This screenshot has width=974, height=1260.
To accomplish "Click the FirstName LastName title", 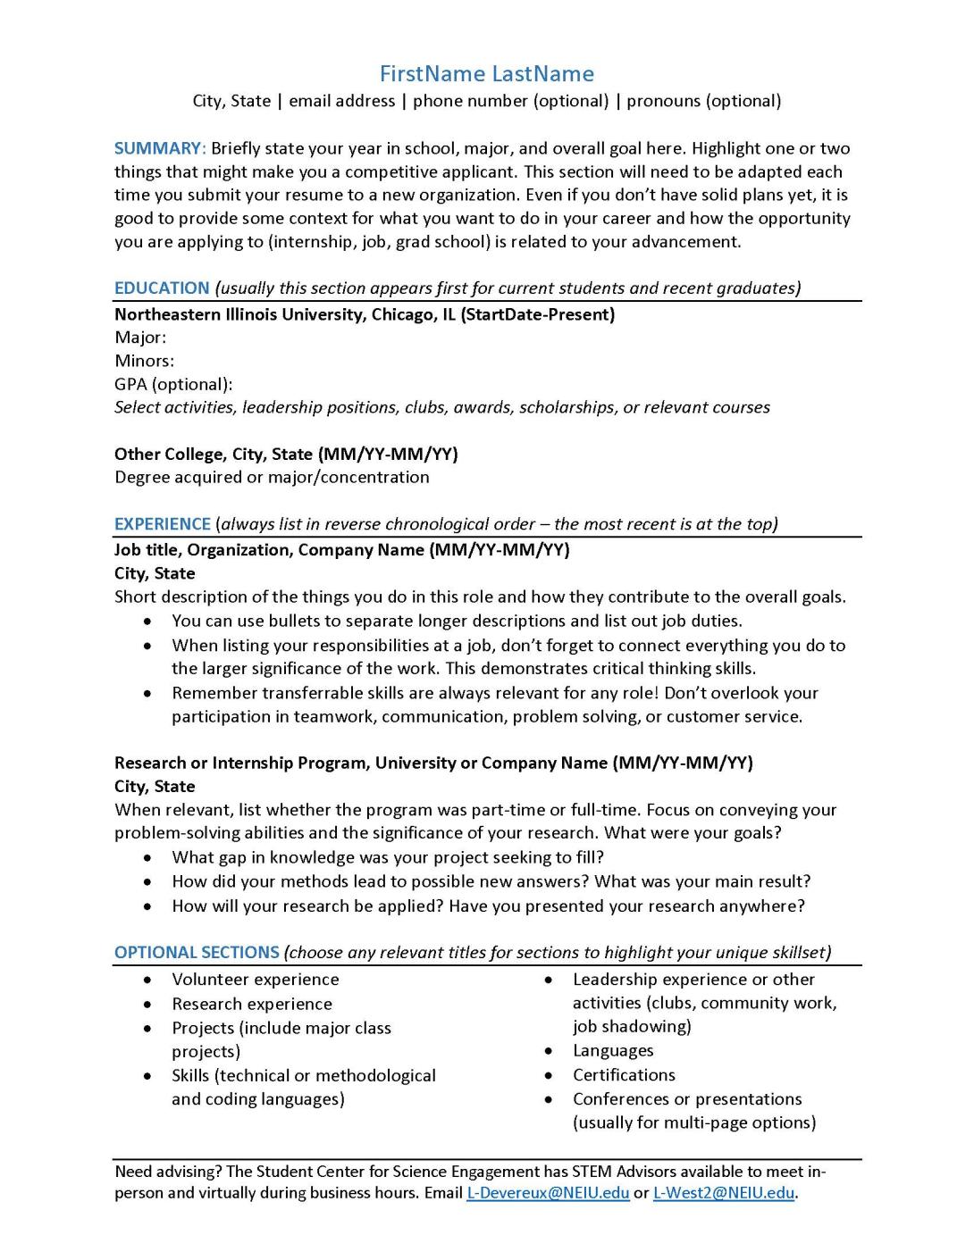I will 486,74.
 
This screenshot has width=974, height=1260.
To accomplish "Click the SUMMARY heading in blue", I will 159,149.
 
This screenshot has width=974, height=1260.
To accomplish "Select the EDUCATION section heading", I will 162,288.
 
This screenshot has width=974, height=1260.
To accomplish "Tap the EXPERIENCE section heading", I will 162,524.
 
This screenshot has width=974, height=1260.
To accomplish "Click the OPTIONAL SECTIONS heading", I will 197,953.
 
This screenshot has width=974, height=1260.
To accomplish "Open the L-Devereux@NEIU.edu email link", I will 548,1193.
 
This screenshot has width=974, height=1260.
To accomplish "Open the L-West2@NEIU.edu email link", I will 723,1193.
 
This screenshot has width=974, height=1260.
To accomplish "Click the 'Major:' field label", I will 140,338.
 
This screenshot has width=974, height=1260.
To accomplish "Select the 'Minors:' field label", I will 144,361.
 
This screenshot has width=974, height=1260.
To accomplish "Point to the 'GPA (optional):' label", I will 173,385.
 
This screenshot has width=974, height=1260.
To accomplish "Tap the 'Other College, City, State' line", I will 214,455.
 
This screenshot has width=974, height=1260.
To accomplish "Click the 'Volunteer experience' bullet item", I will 256,980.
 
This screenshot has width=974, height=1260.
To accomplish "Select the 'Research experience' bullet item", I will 252,1005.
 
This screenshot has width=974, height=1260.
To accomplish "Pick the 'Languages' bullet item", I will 613,1051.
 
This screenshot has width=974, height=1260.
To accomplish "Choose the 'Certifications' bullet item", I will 624,1075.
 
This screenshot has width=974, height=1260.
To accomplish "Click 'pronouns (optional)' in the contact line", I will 703,101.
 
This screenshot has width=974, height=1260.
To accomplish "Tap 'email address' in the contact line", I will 341,101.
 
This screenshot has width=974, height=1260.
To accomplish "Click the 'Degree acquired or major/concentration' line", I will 272,478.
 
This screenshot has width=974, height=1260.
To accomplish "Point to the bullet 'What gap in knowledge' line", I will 388,857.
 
